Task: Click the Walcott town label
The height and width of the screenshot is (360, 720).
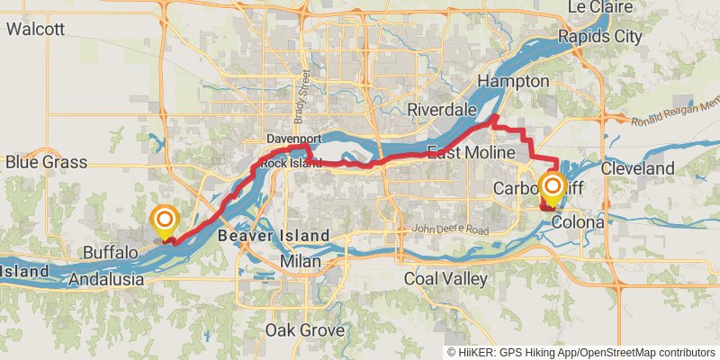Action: point(35,29)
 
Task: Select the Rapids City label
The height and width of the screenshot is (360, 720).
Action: point(599,37)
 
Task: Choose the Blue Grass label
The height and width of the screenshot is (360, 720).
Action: point(46,162)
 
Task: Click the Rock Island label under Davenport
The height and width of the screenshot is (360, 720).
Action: point(293,163)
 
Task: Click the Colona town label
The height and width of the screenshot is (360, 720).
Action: point(578,220)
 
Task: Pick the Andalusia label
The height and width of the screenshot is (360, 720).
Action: point(106,280)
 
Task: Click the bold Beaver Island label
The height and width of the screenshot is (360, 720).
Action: point(273,236)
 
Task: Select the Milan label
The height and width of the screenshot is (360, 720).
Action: point(299,260)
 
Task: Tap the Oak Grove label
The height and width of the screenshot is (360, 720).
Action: point(303,330)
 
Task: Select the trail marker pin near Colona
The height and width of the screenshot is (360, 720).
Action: point(553,188)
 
